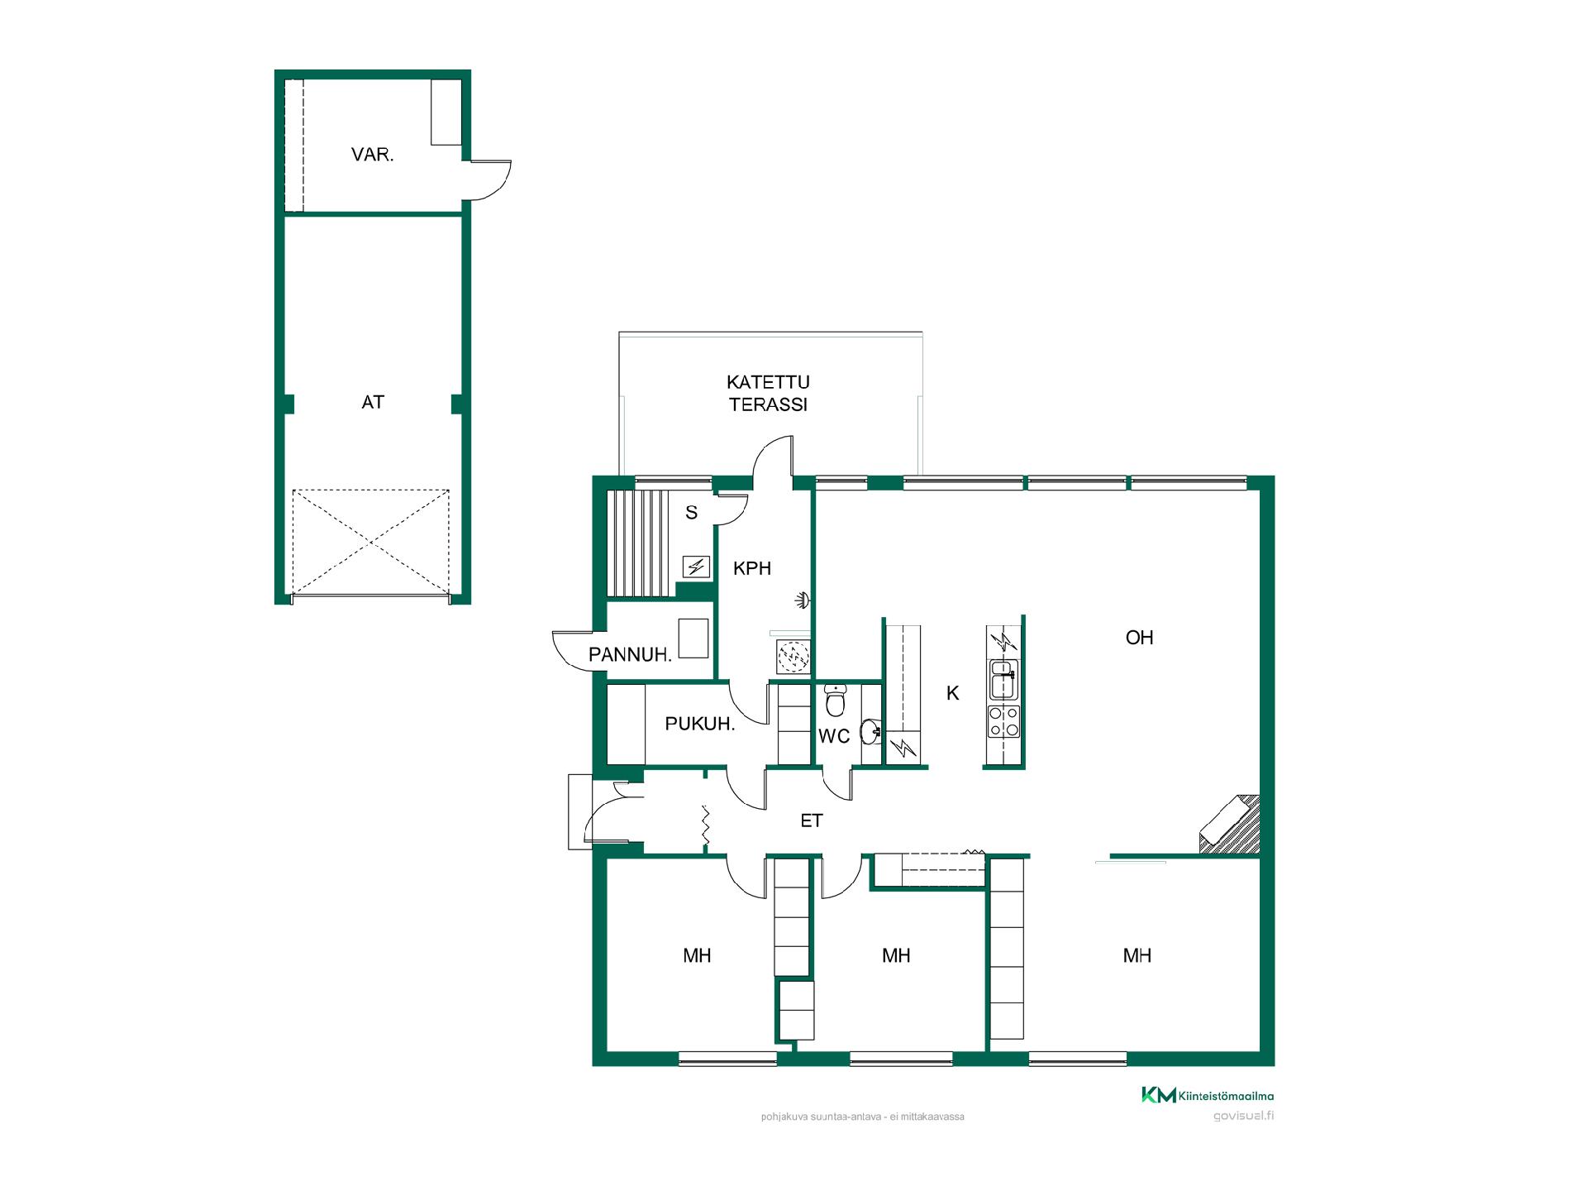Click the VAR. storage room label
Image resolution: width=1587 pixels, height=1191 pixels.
coord(372,155)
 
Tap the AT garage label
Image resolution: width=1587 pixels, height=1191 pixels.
coord(373,402)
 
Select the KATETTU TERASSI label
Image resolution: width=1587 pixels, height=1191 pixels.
coord(768,393)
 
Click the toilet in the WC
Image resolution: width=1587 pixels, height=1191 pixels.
coord(835,701)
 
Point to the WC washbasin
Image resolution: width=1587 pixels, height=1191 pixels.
coord(870,731)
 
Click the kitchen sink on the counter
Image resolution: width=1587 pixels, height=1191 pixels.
coord(1003,679)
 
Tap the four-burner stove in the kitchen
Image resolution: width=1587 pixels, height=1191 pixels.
coord(1003,720)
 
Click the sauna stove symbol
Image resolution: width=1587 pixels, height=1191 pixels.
coord(695,567)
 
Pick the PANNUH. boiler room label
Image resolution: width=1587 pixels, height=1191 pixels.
coord(630,655)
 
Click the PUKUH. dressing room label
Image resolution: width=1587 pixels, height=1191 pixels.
coord(700,724)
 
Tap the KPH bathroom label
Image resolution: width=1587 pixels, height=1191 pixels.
coord(752,568)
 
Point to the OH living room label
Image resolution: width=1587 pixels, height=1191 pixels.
coord(1139,638)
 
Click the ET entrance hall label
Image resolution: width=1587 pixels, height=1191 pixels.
coord(812,820)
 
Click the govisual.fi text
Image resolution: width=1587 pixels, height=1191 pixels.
coord(1243,1116)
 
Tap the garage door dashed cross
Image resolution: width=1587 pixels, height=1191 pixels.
coord(371,542)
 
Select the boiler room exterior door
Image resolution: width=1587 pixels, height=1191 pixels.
coord(574,650)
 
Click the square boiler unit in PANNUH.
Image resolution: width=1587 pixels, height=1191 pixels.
coord(693,638)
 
